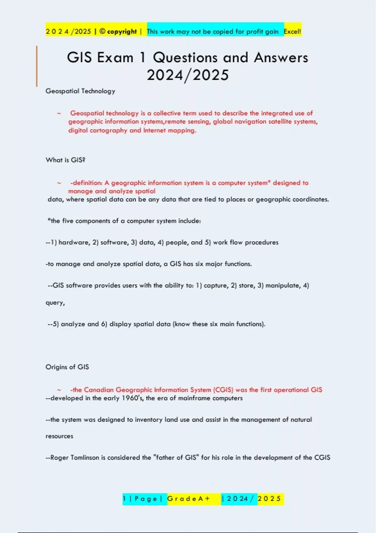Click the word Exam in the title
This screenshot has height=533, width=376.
[115, 58]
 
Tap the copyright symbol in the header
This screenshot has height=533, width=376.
[102, 31]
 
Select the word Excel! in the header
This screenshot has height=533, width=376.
[292, 31]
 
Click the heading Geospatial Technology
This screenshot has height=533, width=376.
[80, 91]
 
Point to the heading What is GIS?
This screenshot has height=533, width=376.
[65, 160]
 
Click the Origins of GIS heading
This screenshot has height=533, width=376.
[67, 367]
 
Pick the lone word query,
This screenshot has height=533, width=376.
[55, 303]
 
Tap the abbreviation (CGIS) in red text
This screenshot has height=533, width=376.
[223, 390]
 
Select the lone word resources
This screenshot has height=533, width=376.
[59, 436]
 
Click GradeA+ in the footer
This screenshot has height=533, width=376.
[188, 499]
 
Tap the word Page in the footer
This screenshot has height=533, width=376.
[146, 499]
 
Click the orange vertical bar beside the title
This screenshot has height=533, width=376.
[37, 66]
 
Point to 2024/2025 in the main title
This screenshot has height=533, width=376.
[188, 75]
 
